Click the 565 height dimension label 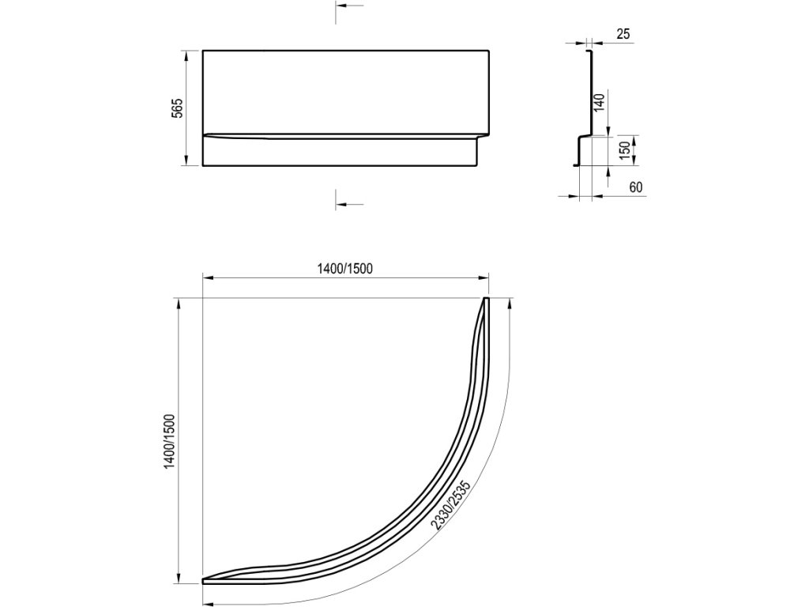(x=178, y=107)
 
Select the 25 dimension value (x=623, y=34)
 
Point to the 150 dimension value (x=625, y=151)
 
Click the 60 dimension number (x=636, y=187)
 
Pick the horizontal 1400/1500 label (x=344, y=269)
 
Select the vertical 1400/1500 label (x=170, y=441)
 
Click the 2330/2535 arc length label (x=450, y=505)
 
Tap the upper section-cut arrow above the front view (x=349, y=6)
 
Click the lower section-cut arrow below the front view (x=349, y=204)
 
